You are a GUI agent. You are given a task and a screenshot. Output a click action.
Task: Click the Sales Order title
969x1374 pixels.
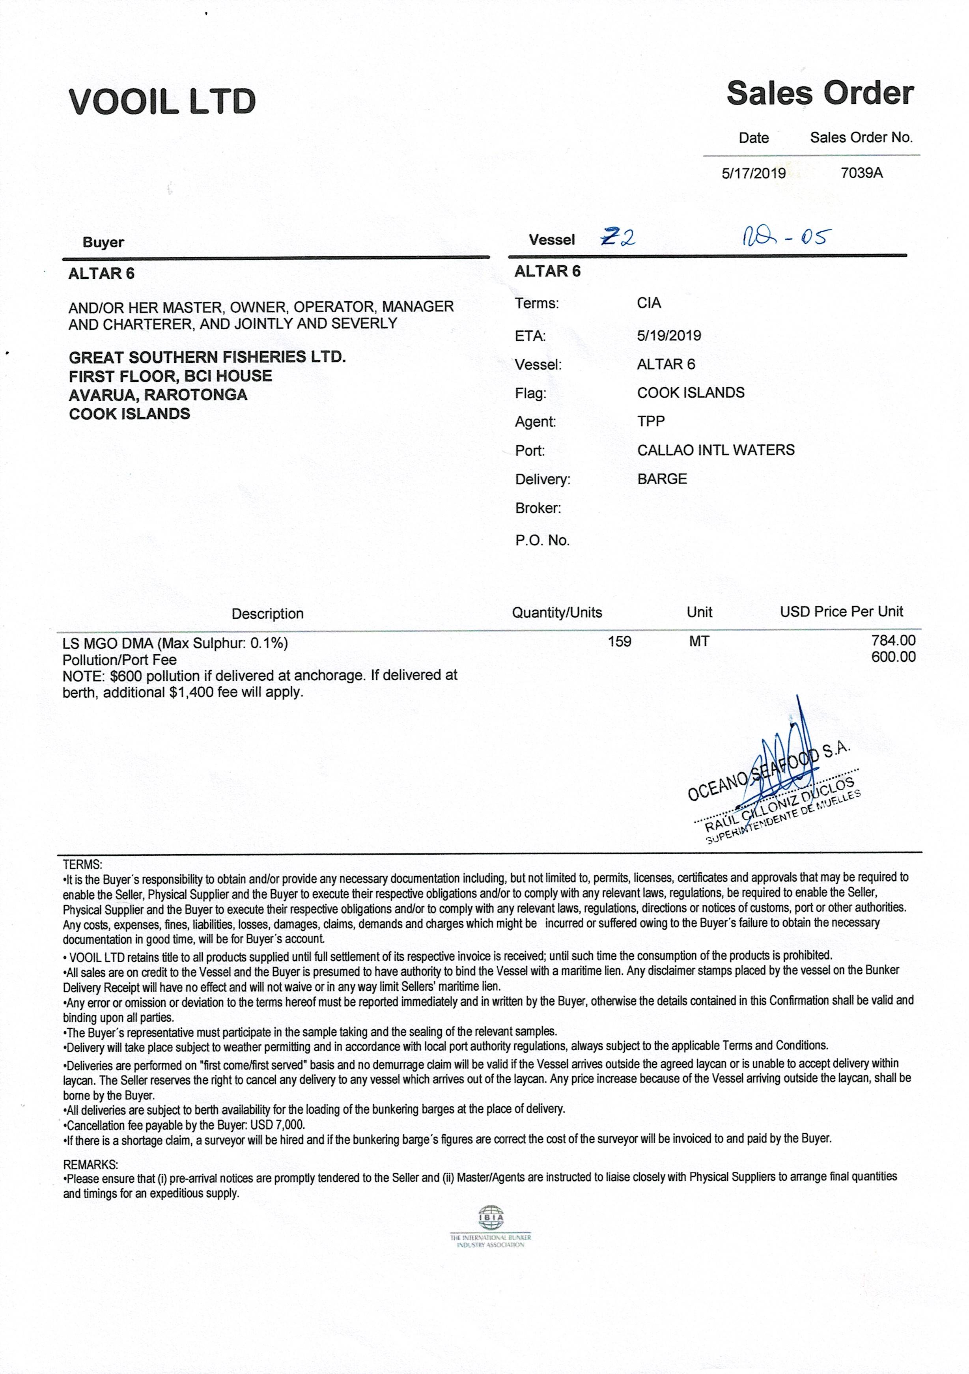click(820, 94)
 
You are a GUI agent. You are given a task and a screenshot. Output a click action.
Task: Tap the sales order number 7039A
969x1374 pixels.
click(861, 173)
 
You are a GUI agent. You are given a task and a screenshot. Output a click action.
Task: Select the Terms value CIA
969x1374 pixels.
click(649, 303)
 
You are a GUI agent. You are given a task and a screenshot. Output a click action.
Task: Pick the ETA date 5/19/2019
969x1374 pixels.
click(668, 335)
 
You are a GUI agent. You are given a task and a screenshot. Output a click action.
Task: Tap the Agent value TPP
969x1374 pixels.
click(651, 421)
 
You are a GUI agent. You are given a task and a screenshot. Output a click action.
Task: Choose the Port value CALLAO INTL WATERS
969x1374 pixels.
click(715, 450)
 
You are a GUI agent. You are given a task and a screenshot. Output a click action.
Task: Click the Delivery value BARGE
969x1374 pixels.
click(661, 479)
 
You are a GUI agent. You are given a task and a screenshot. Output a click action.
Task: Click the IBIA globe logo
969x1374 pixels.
click(490, 1217)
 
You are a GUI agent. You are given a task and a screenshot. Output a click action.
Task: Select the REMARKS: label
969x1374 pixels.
click(90, 1165)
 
